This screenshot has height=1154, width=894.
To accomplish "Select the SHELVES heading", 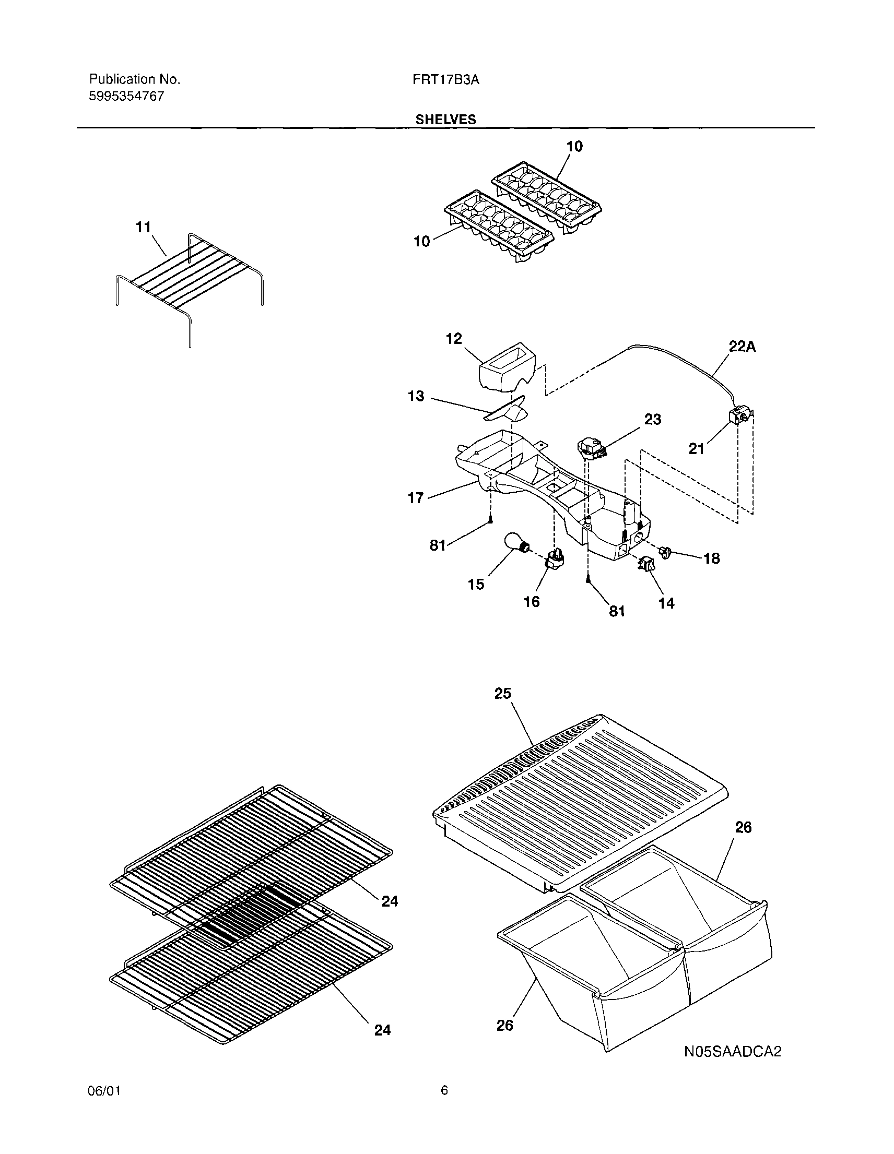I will coord(445,120).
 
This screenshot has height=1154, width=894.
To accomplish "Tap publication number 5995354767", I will coord(126,97).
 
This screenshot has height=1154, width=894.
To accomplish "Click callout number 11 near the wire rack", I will coord(143,227).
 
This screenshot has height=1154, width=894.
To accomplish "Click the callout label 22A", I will coord(742,347).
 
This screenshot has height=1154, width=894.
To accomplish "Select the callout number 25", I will coord(502,693).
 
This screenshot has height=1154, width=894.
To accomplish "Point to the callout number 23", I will coord(652,420).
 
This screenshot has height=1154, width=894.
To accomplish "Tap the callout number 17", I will coord(416,498).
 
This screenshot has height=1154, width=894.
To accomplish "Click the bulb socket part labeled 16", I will coord(555,559).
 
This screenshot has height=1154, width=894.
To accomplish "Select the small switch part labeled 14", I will coord(646,566).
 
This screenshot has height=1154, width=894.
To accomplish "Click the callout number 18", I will coord(712,558).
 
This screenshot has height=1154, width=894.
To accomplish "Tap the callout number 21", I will coord(696,448).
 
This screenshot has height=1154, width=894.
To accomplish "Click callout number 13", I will coord(416,396).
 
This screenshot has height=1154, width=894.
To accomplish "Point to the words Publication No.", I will coord(134,79).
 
